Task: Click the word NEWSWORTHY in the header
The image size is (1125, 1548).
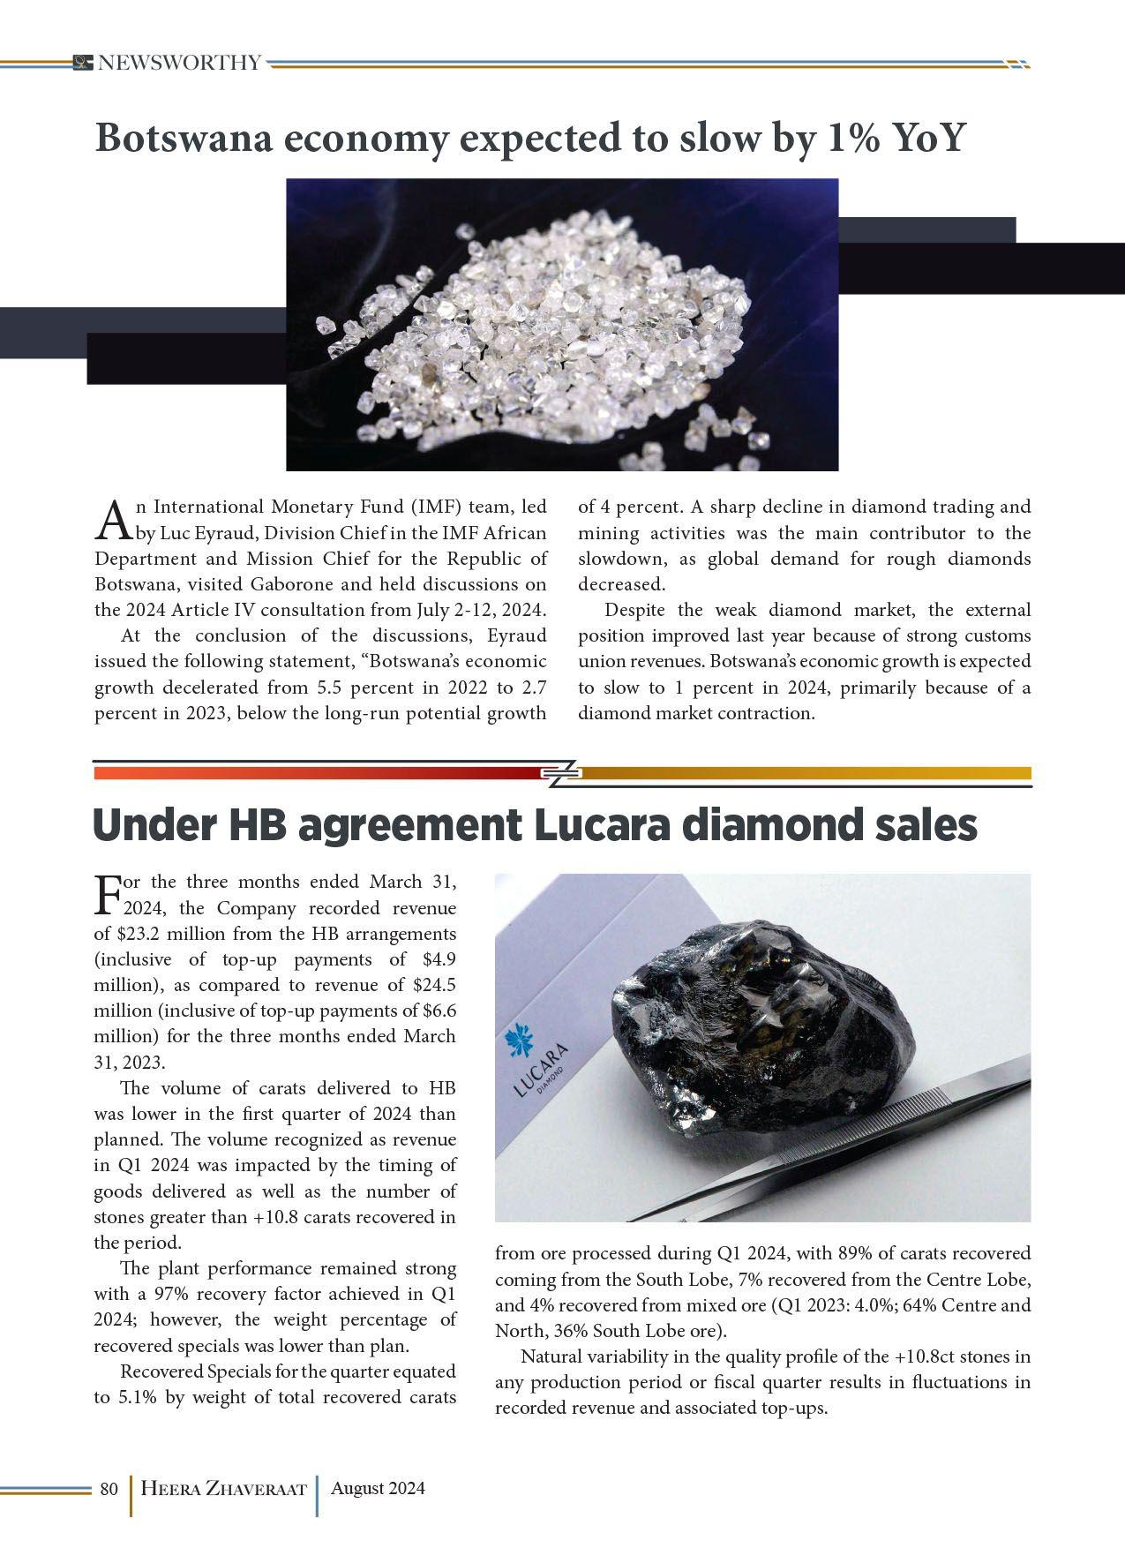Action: [x=179, y=63]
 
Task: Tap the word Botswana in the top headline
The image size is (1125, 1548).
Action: [x=183, y=139]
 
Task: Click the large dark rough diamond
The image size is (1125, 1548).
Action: [x=763, y=1033]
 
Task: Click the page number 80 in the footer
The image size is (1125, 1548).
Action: [x=109, y=1489]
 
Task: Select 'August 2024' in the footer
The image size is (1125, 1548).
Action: [x=378, y=1488]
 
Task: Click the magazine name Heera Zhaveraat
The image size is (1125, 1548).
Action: [x=223, y=1489]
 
